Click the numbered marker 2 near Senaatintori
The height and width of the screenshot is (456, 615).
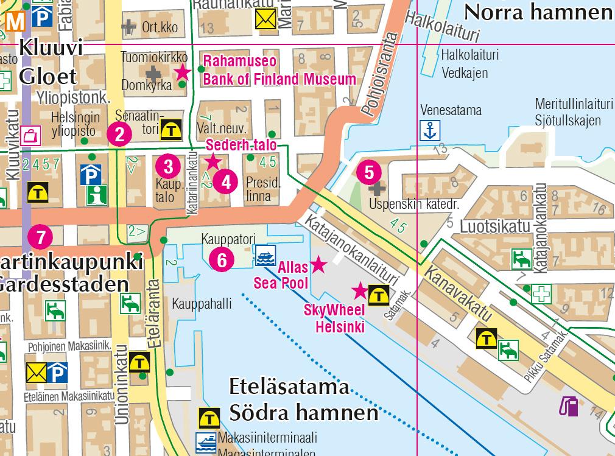pos(119,134)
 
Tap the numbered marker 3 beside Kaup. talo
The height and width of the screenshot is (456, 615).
pos(168,166)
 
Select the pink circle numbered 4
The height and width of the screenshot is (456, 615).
pos(226,181)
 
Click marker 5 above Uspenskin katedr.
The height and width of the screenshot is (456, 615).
pos(369,172)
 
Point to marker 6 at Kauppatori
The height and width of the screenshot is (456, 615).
pos(222,260)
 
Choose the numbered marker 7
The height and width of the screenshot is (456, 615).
pos(40,237)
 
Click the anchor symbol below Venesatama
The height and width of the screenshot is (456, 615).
pos(430,130)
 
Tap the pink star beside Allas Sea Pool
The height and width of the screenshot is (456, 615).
pos(318,264)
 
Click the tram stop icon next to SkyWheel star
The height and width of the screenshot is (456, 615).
pos(380,295)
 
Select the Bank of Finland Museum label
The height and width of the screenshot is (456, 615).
pos(279,79)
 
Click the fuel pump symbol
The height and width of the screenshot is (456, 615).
pos(569,406)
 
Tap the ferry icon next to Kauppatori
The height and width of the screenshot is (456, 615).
pos(264,256)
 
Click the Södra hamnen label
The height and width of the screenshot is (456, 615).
pos(303,413)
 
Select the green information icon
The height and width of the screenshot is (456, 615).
pos(94,195)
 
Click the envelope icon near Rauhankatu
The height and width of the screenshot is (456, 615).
pos(265,20)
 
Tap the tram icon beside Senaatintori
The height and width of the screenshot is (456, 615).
pos(170,129)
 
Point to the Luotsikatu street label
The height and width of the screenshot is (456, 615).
pos(494,227)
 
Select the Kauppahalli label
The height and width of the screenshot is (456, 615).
pos(202,304)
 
